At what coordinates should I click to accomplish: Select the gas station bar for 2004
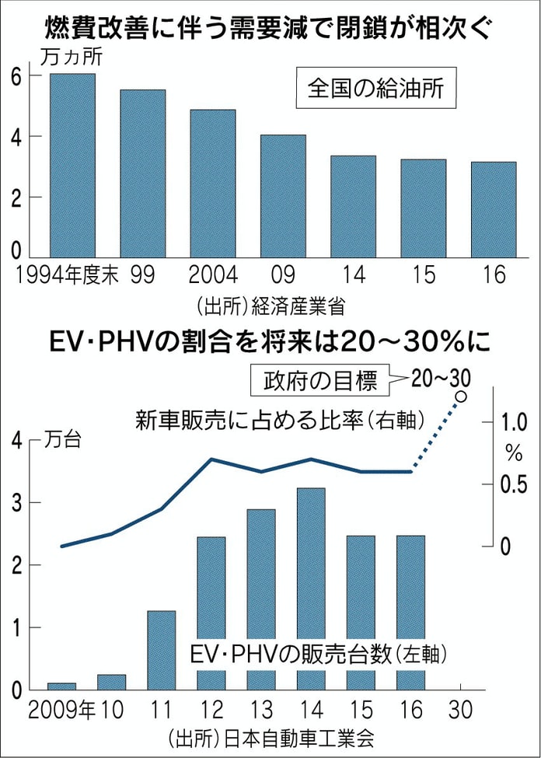coord(212,183)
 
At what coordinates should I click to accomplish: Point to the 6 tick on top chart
coord(15,75)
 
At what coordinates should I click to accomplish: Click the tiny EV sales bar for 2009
coord(61,686)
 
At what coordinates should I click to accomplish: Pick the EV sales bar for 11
coord(161,650)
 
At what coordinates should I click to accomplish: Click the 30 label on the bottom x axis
coord(460,709)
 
